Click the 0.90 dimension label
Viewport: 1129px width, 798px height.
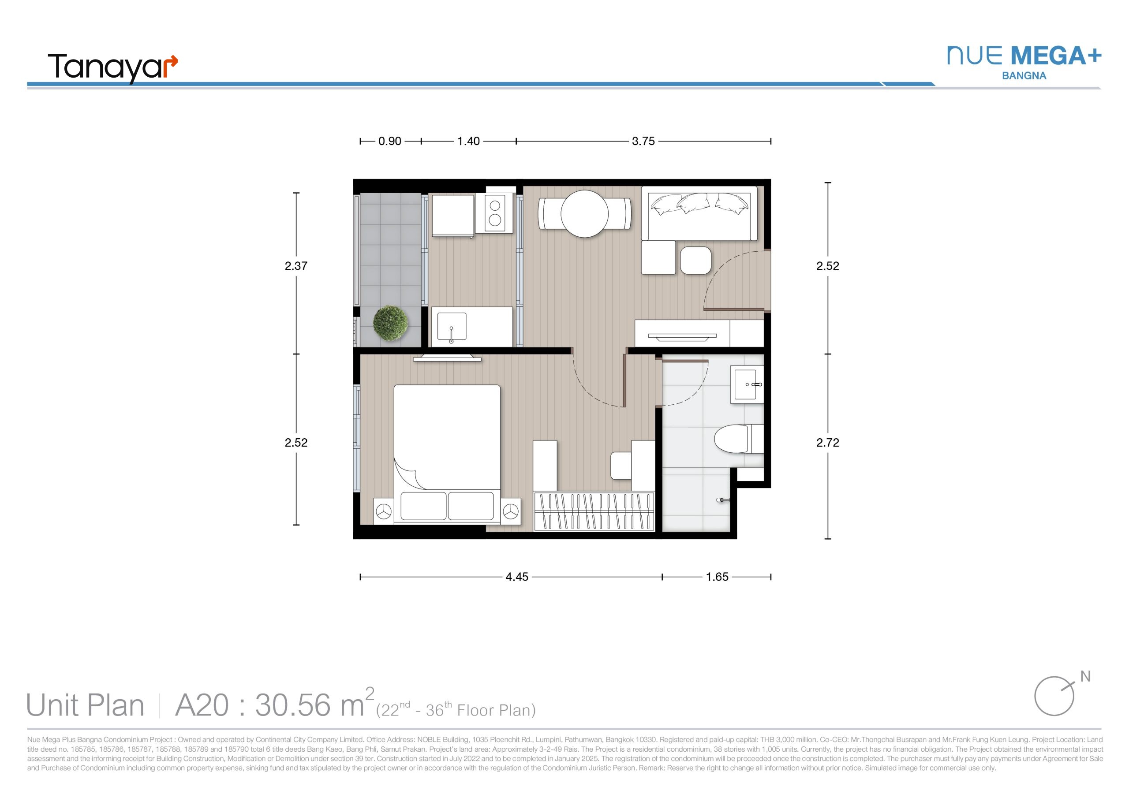point(389,141)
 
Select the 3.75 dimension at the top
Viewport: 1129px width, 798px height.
point(643,141)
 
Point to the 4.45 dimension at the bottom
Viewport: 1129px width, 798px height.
point(517,577)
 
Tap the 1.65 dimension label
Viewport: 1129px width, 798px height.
point(717,577)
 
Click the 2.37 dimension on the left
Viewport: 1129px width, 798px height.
point(296,266)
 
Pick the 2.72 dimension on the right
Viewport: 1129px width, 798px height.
point(828,443)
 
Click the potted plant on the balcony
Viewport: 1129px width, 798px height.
point(390,323)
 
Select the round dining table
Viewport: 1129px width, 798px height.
point(585,214)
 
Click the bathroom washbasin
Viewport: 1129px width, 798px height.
point(747,384)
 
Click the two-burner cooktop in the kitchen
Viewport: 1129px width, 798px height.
point(495,213)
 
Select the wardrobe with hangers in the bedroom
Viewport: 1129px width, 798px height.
point(594,511)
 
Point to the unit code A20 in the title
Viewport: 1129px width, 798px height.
point(202,705)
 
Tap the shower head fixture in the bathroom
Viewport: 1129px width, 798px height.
point(722,500)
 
